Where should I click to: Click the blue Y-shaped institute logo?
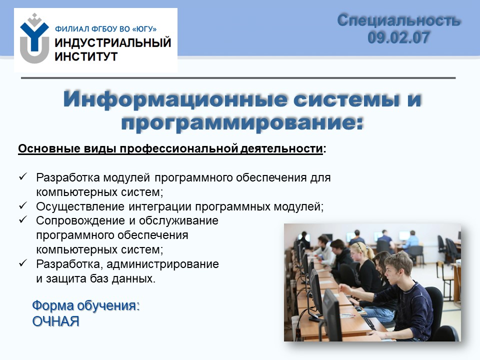(34, 38)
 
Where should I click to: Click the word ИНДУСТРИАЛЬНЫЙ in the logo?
(112, 42)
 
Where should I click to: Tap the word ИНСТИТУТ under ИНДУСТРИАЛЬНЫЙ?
(86, 56)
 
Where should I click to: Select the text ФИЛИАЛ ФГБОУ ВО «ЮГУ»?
(105, 29)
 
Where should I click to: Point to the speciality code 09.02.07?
(398, 37)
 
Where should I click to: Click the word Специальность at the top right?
(398, 21)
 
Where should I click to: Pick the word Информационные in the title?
(175, 99)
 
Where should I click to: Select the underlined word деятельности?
(281, 148)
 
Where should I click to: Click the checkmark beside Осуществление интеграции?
(23, 205)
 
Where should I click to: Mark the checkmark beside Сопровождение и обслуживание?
(23, 219)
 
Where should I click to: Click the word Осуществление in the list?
(80, 207)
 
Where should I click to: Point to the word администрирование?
(162, 264)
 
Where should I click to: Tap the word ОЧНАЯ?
(55, 321)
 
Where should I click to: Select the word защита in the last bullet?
(66, 279)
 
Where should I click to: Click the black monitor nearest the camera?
(332, 314)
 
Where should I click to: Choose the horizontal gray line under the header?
(238, 78)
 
